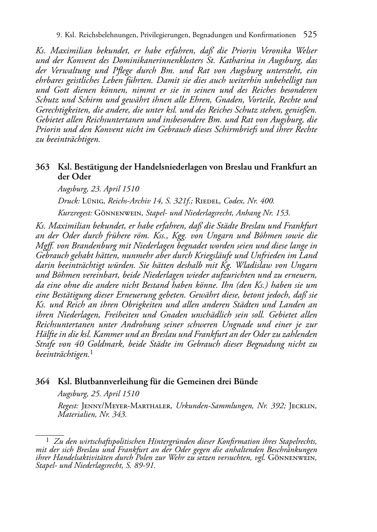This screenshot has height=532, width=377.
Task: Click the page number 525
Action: (310, 35)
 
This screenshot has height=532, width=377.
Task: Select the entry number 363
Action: (42, 167)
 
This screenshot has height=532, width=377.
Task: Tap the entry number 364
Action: (42, 382)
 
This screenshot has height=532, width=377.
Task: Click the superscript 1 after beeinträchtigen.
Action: (91, 352)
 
